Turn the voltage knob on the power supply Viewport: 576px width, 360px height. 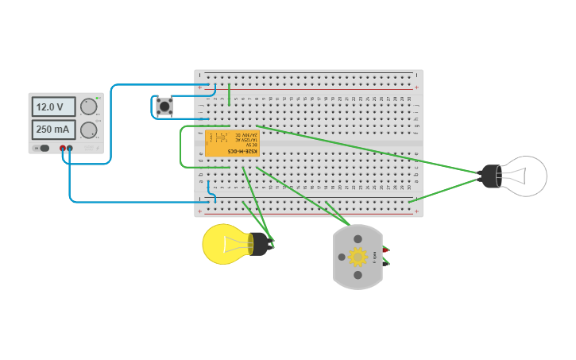pos(89,106)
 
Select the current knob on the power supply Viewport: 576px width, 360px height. pos(89,130)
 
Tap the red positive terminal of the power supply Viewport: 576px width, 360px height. pos(63,148)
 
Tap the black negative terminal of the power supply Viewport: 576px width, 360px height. pos(70,148)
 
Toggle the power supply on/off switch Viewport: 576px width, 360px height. pos(44,148)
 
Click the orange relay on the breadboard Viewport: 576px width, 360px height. pos(232,143)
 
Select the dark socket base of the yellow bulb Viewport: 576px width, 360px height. pos(258,244)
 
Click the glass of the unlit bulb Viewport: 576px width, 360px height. pos(525,176)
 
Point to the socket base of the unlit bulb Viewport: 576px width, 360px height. pos(490,176)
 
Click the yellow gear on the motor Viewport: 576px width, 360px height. pos(358,257)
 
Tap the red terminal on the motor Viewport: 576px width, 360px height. pos(385,250)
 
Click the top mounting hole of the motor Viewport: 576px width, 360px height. pos(358,238)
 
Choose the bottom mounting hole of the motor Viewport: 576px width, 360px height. pos(358,275)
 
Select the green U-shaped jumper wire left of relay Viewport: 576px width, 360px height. pos(181,147)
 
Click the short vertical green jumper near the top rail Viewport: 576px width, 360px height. pos(230,94)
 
